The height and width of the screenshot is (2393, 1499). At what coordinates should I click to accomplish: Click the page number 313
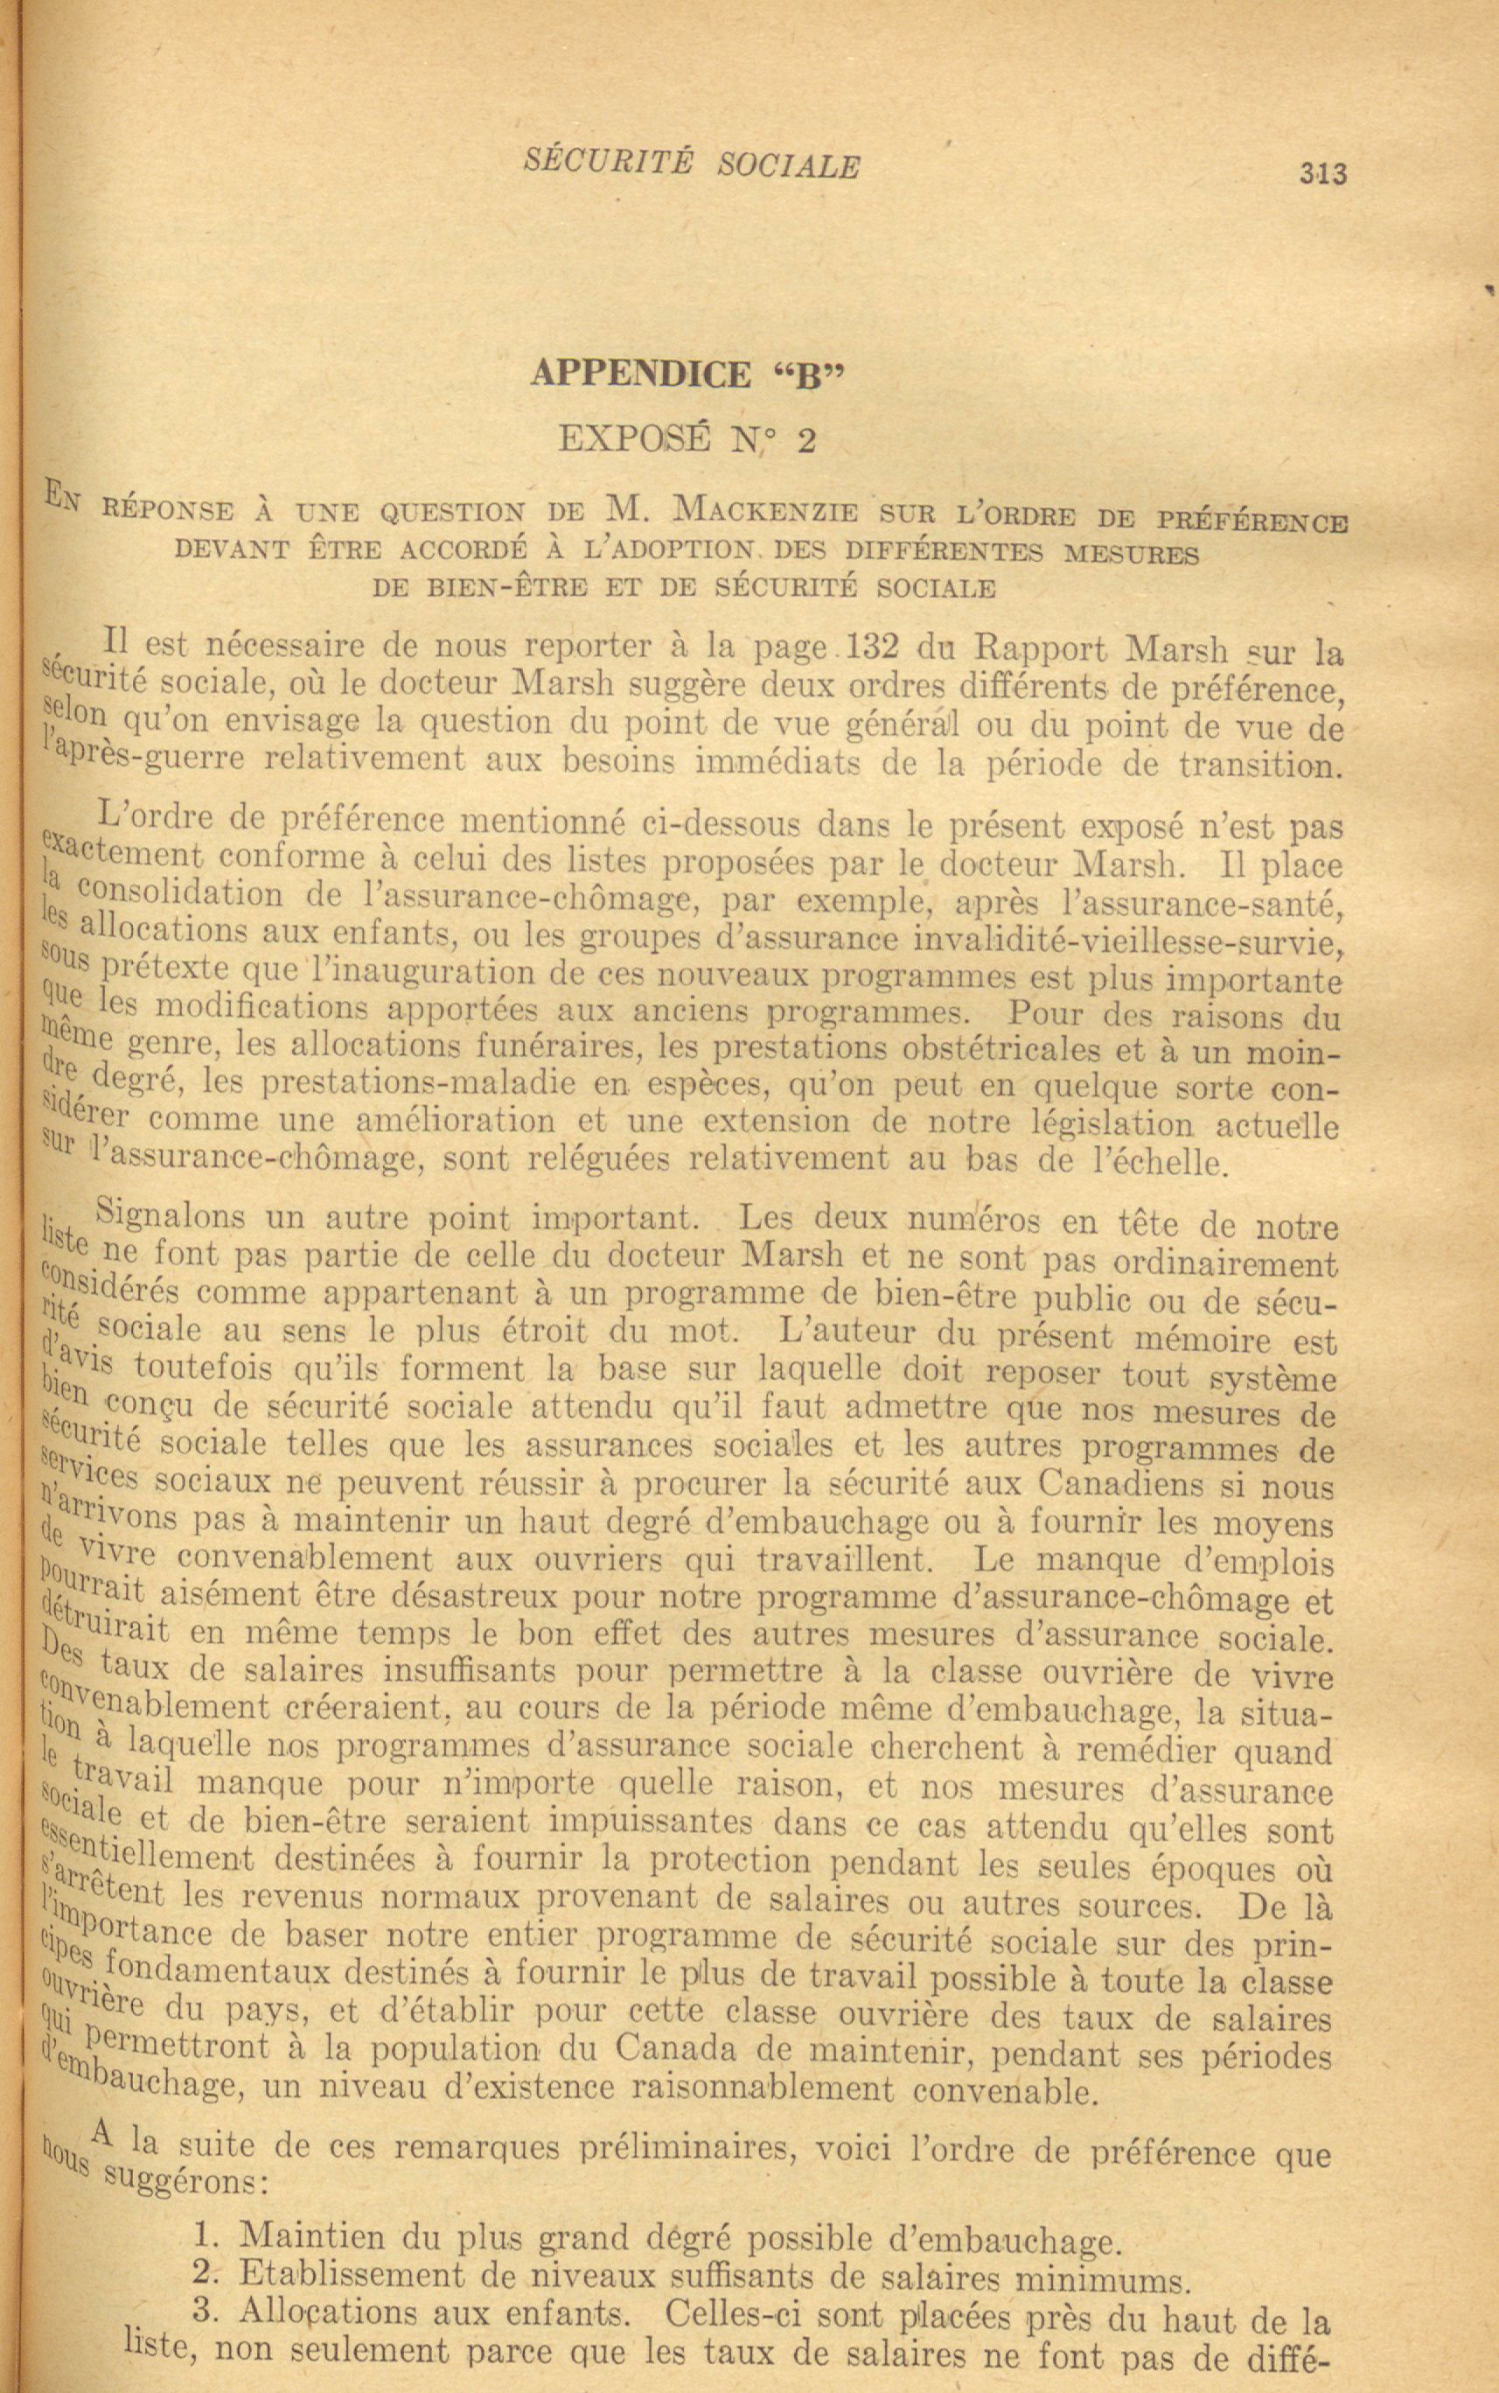pos(1323,174)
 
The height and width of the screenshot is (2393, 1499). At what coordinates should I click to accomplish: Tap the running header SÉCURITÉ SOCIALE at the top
pos(691,164)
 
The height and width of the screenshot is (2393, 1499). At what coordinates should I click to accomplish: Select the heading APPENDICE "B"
pos(690,374)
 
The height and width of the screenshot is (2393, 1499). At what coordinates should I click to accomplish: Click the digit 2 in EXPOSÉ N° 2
pos(806,439)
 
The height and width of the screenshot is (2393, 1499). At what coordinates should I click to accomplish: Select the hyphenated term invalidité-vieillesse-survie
pos(1127,938)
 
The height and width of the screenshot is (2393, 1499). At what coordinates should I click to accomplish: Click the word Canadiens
pos(1121,1484)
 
